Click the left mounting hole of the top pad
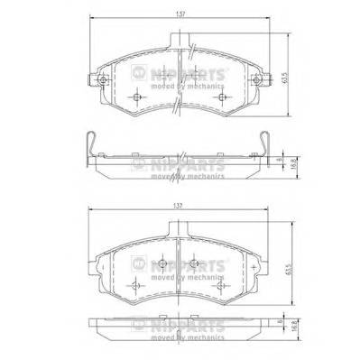[x=104, y=87]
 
